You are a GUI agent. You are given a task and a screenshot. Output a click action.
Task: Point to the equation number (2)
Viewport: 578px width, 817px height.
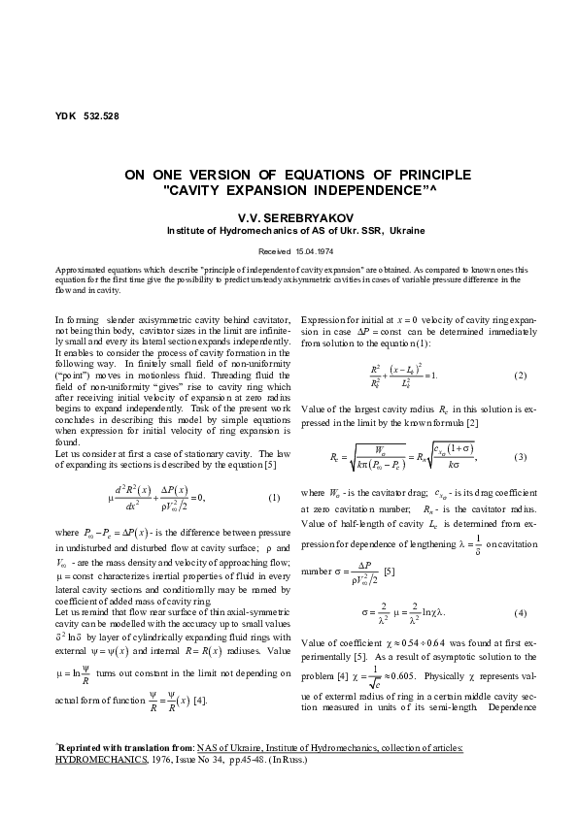click(520, 376)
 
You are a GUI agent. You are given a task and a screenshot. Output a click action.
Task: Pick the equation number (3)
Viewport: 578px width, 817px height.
click(520, 455)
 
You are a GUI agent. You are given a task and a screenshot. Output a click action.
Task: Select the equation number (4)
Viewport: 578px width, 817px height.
click(520, 613)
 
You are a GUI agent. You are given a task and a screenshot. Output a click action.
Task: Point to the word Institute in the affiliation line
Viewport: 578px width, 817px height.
click(187, 232)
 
